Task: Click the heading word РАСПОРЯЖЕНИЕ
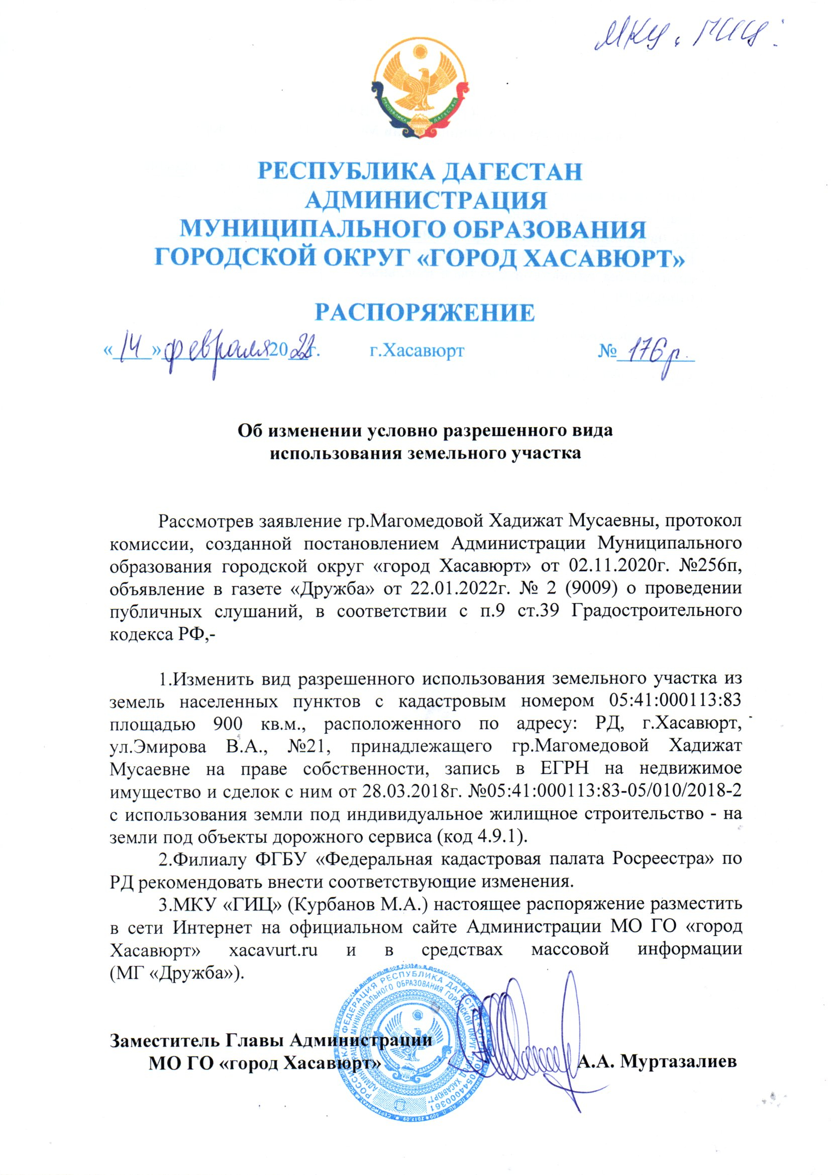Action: [424, 312]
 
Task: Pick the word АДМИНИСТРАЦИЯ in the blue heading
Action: [426, 200]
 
